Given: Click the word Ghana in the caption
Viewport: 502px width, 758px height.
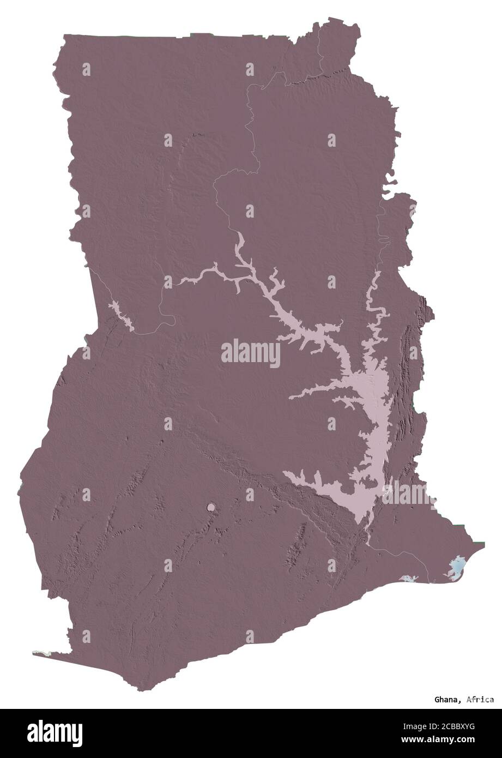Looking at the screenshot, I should (x=446, y=699).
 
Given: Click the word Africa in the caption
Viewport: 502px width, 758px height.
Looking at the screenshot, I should (x=480, y=699).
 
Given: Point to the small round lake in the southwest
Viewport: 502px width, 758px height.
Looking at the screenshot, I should (x=210, y=508).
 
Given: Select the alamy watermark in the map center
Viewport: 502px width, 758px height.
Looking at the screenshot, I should (x=251, y=353).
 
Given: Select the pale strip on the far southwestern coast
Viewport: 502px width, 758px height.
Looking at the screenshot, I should (x=43, y=652).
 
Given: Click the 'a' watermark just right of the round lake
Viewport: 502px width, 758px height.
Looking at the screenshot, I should (x=250, y=495).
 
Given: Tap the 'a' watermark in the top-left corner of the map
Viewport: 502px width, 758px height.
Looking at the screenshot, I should (x=86, y=69).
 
